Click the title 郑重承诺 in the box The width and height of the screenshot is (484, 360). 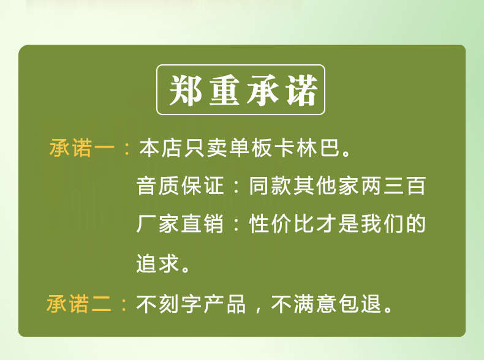coord(243,90)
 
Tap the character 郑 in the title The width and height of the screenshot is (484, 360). coord(185,90)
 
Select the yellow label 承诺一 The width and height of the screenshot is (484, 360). coord(82,148)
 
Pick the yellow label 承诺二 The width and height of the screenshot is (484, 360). coord(79,304)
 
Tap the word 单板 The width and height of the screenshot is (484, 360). coord(251,148)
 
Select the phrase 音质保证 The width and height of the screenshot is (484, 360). coord(180,186)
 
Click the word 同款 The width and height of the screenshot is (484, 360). coord(270,186)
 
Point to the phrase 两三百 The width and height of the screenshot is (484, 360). coord(393,186)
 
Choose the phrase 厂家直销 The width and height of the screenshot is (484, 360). coord(180,223)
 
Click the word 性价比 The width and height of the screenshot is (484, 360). coord(281,223)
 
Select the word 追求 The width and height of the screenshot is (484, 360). coord(157,263)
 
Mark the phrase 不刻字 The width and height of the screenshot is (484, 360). coord(169,304)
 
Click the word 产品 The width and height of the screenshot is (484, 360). coord(225,304)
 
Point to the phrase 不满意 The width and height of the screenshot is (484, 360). coord(303,304)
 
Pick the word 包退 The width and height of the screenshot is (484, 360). coord(360,304)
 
